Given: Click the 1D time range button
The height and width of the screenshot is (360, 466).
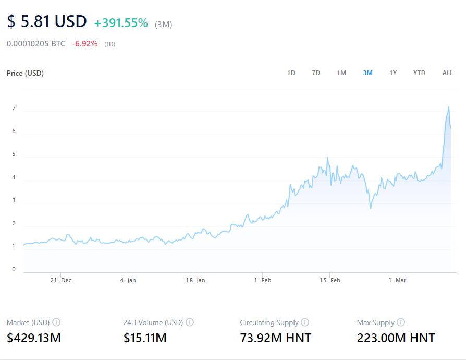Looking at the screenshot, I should coord(291,73).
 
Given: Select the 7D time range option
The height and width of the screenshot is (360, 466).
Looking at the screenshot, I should coord(316,73).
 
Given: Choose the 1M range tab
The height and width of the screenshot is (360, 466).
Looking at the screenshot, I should coord(341,73).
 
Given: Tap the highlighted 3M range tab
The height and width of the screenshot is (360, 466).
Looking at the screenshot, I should coord(367,73).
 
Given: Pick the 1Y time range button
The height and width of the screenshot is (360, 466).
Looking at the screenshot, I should coord(393,73).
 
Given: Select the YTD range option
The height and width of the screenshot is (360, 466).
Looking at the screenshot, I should coord(419,73).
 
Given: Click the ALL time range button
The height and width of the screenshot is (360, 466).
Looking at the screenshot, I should coord(447,73).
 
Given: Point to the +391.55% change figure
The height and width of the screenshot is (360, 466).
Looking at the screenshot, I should coord(121,23).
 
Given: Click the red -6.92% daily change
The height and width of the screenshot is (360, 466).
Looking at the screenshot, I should coord(84,44).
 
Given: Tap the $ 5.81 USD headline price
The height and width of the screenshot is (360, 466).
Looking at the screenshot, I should coord(47,22).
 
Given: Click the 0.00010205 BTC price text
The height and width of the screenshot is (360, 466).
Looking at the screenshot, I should coord(36,44).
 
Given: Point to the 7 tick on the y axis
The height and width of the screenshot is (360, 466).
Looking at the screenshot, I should coord(14,109).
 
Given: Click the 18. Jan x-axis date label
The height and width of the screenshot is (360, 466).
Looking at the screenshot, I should coord(195,280).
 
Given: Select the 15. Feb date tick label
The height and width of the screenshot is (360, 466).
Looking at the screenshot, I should coord(329,280).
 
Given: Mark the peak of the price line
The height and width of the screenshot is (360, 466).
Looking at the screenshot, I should coord(448,107).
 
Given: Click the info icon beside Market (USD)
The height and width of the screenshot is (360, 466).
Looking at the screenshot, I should coord(56,322).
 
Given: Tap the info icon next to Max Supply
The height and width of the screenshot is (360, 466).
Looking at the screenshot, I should coord(401,322).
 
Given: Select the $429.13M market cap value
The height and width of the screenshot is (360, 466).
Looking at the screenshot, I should coord(34,338).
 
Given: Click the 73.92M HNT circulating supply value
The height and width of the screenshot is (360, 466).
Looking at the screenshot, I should coord(275,338).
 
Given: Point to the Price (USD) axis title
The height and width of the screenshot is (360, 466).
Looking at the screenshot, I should coord(25,73).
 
